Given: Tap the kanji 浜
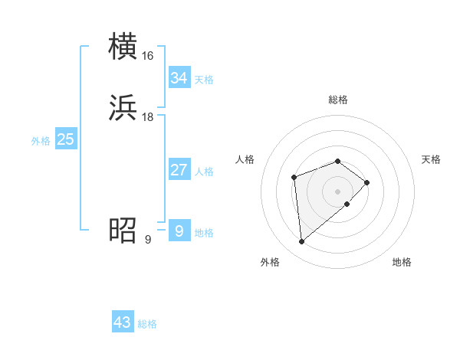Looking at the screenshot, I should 123,108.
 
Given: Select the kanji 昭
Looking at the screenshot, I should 123,230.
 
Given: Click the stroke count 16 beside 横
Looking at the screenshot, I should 148,56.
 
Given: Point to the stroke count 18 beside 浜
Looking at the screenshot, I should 148,117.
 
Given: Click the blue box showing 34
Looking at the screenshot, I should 179,78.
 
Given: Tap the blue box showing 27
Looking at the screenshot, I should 179,170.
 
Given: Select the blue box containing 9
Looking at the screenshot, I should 179,231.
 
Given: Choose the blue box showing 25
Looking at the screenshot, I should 65,139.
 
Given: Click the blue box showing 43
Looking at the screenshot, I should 123,322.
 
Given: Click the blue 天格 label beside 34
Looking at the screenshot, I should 204,80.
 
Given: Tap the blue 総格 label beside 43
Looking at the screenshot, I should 147,324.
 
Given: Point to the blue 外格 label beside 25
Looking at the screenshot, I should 41,141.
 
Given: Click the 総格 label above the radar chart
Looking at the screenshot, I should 338,100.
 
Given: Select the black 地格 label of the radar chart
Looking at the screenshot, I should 402,262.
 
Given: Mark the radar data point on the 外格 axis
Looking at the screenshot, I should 302,242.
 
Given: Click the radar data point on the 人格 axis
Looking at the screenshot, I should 294,178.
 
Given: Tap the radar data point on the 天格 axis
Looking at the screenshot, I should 368,182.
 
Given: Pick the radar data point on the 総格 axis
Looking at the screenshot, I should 338,161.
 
